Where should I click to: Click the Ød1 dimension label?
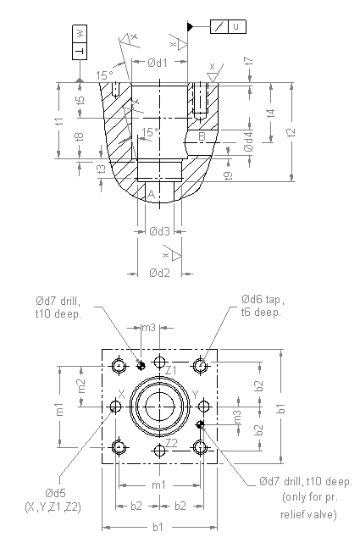(158, 62)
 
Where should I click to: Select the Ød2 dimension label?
(159, 273)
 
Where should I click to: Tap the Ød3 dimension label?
(159, 231)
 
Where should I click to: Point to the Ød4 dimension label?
(248, 142)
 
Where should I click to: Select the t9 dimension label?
(229, 174)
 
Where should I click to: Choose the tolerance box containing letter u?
(227, 26)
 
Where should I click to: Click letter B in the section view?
(202, 136)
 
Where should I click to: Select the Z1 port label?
(171, 370)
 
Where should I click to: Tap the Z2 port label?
(171, 442)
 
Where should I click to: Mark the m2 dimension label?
(81, 385)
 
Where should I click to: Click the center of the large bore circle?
(159, 407)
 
